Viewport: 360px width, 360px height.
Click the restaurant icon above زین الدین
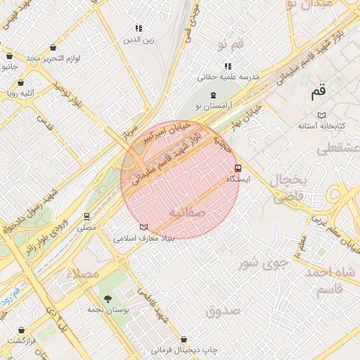(139, 29)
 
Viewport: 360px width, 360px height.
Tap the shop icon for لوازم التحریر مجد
(53, 47)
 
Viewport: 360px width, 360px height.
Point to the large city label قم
(318, 91)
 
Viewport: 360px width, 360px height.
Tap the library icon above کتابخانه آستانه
(322, 115)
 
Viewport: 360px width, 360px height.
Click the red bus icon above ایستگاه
(238, 169)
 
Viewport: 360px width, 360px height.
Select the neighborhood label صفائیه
(188, 210)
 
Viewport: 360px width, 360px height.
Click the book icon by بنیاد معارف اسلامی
(144, 227)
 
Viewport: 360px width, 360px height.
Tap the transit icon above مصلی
(86, 217)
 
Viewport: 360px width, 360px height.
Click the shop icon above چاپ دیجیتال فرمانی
(184, 339)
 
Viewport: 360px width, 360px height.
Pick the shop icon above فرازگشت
(22, 329)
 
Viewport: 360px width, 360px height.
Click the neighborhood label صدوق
(224, 309)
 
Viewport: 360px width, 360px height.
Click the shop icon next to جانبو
(9, 56)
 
